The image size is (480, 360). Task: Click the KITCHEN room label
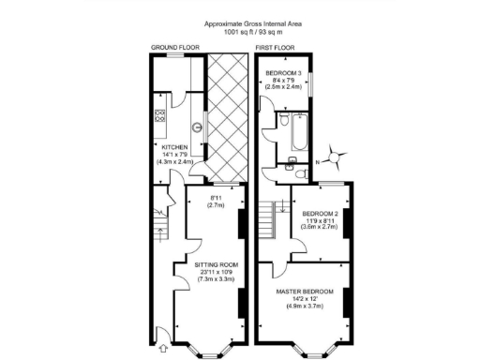tap(174, 147)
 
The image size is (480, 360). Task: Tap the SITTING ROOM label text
tap(216, 264)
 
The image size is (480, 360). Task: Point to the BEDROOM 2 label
tap(321, 213)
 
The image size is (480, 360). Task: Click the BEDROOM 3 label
tap(283, 72)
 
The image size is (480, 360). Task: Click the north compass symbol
tap(337, 159)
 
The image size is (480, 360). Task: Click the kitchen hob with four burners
tap(159, 117)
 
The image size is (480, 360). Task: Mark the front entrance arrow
tap(161, 329)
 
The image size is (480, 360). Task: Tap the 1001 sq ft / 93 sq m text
tap(239, 32)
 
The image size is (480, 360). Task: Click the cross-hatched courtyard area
tap(225, 117)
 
